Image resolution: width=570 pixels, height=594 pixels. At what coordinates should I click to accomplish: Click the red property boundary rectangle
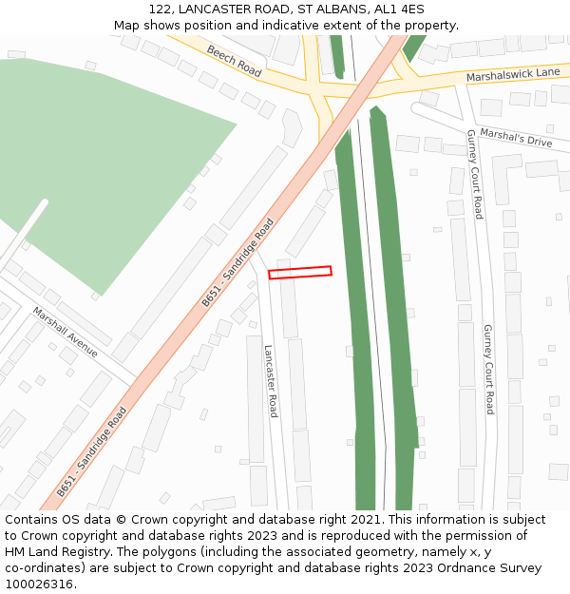click(300, 272)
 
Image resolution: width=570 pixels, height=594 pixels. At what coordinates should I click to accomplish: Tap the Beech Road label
click(234, 62)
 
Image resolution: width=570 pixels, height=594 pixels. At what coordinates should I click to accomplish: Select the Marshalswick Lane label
click(513, 73)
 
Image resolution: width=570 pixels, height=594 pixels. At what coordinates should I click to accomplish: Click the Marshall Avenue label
click(66, 332)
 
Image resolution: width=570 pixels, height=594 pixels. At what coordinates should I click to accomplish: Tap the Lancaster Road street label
click(271, 381)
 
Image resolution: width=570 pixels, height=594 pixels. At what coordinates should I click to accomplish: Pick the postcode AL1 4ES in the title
click(399, 10)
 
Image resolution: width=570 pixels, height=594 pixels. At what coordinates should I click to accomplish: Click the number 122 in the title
click(160, 10)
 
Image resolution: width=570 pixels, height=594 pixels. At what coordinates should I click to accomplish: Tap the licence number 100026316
click(40, 584)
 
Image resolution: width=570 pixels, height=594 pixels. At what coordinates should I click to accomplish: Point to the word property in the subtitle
click(431, 26)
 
